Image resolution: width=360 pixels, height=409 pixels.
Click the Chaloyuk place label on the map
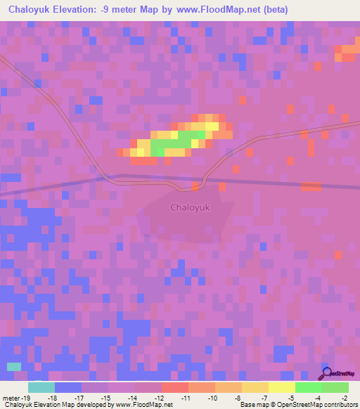pyautogui.click(x=191, y=207)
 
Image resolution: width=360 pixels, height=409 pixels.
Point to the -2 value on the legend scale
pyautogui.click(x=335, y=398)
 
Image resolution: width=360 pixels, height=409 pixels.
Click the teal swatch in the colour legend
pyautogui.click(x=41, y=387)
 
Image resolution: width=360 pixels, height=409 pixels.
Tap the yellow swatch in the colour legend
pyautogui.click(x=282, y=387)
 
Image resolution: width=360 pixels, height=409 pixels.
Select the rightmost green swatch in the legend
pyautogui.click(x=335, y=387)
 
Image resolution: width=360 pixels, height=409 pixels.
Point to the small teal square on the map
pyautogui.click(x=14, y=366)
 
